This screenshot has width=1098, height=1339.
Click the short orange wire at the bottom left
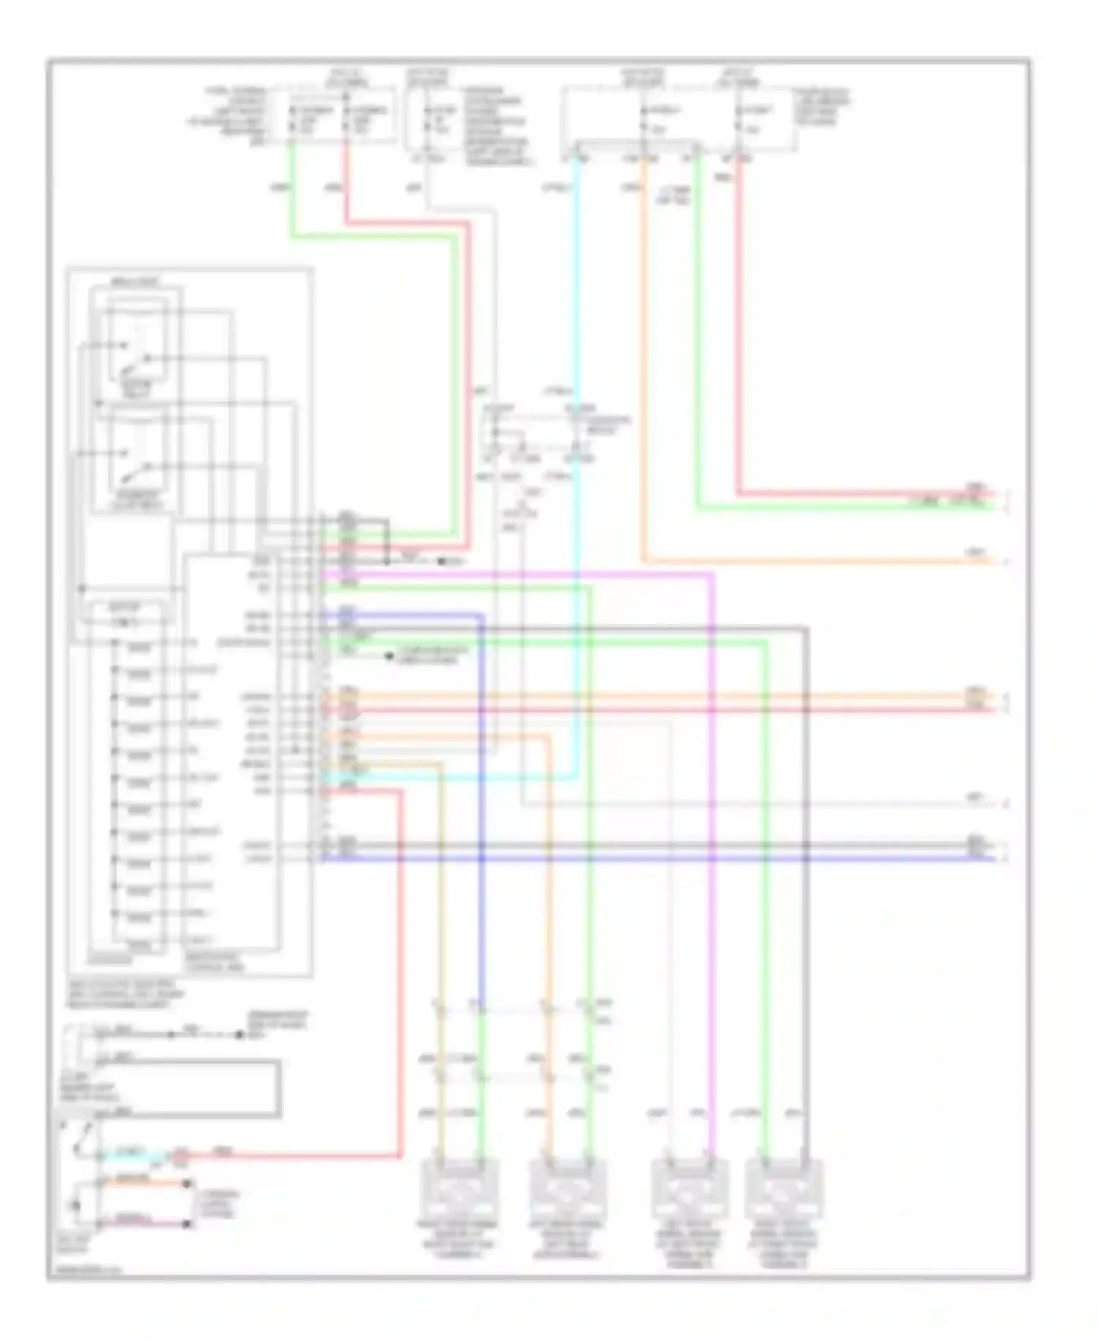[143, 1182]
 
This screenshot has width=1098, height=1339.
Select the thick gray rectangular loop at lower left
[183, 1088]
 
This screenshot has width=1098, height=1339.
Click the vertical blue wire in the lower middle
[482, 806]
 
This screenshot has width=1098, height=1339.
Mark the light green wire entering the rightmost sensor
[766, 952]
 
